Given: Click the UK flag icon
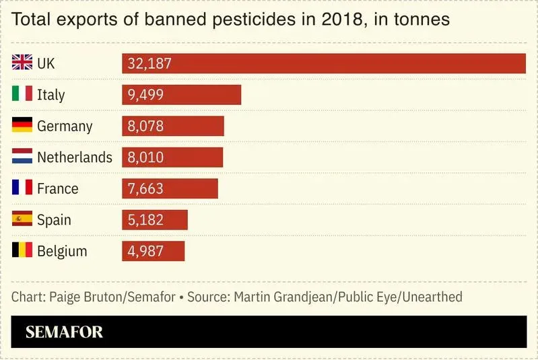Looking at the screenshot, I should coord(22,63).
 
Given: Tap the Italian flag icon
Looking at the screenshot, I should coord(22,94).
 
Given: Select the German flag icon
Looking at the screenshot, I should coord(22,126).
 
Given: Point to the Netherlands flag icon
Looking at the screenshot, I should coord(22,157).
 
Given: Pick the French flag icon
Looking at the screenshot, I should coord(22,188).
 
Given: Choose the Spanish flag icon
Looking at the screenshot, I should coord(22,219).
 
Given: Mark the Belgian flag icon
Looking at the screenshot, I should coord(22,251).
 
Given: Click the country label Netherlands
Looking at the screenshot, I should coord(74,157).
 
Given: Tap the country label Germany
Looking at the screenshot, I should coord(65,126).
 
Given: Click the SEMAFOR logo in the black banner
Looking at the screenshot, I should coord(64,332).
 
